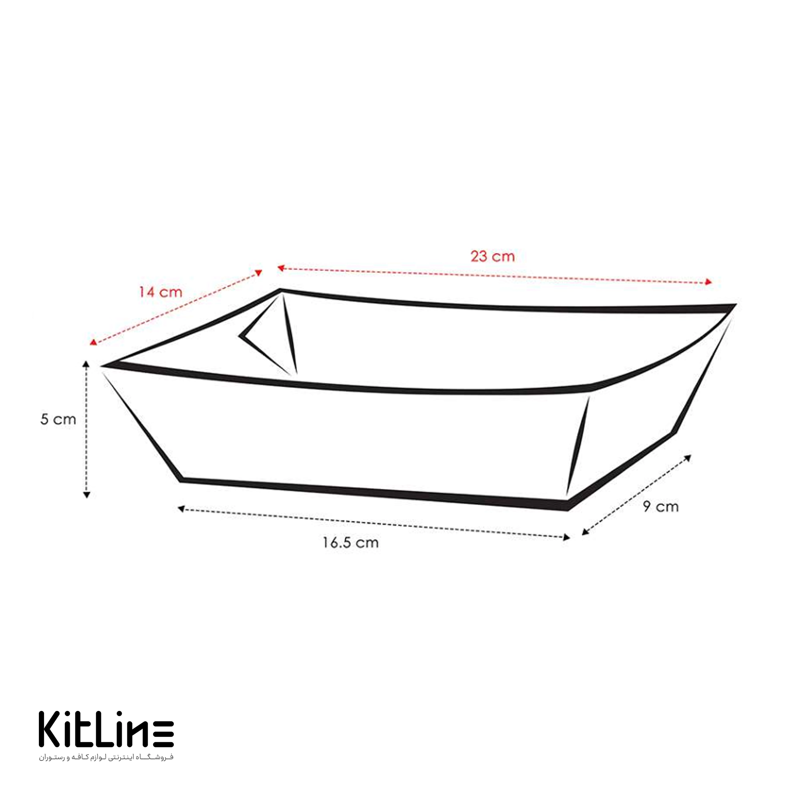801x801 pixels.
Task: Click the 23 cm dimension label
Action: [492, 256]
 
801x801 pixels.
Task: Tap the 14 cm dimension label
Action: [161, 292]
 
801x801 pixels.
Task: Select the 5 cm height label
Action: [58, 419]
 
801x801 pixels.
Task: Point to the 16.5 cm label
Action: [351, 543]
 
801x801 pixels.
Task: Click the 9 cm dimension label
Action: [661, 506]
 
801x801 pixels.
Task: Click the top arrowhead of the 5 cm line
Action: [86, 364]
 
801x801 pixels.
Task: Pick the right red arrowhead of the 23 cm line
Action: [708, 282]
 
